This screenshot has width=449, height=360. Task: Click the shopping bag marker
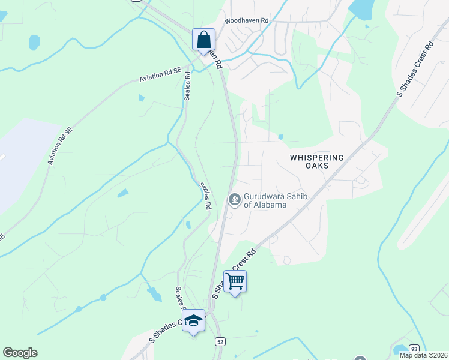204,40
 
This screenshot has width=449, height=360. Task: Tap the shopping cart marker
235,281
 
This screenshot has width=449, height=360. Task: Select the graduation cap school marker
194,321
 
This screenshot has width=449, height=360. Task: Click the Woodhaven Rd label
246,20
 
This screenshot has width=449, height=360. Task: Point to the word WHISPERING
317,158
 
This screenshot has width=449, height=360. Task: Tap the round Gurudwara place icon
234,199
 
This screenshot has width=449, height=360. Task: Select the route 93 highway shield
414,349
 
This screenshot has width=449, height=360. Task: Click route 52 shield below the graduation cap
220,341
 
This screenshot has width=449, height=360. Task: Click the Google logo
20,353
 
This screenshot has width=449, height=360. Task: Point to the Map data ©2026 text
423,355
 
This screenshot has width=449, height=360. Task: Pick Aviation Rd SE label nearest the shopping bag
160,74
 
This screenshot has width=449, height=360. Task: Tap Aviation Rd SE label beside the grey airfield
60,146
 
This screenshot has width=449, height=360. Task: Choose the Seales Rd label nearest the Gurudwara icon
206,196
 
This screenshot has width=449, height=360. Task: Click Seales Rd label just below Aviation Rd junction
188,86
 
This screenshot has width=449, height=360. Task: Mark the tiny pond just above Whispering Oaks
281,137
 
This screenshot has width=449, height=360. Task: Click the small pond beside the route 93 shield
398,350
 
